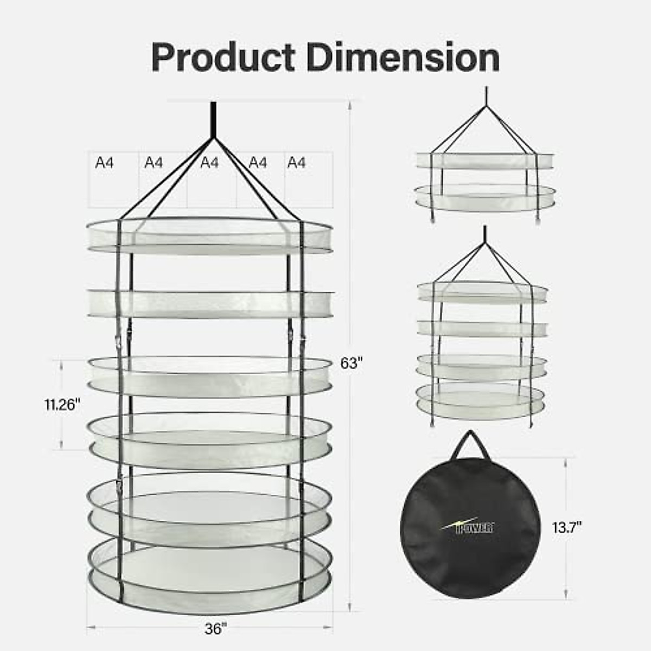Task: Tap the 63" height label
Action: click(351, 363)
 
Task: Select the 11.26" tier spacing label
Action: click(62, 404)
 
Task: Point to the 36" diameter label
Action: click(215, 629)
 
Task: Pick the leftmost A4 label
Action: click(104, 162)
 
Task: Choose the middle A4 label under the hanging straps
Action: click(209, 162)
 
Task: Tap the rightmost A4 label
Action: click(296, 162)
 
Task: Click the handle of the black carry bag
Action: click(470, 444)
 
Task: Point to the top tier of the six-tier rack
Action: click(209, 236)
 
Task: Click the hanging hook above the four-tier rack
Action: click(483, 234)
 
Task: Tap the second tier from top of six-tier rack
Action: click(209, 304)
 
